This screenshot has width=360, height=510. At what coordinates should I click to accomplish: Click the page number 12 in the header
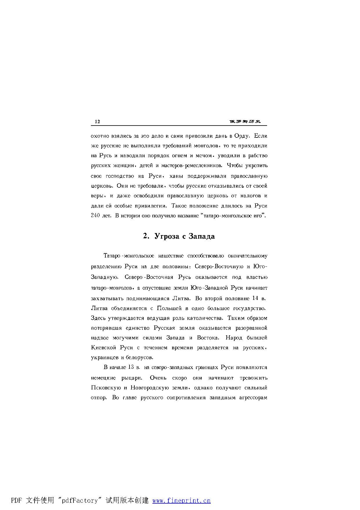click(x=97, y=121)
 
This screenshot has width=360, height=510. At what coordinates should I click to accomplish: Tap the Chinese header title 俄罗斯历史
click(x=245, y=121)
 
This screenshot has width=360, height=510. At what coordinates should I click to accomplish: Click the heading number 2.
click(x=145, y=236)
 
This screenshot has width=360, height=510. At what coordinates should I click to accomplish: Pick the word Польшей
click(x=169, y=308)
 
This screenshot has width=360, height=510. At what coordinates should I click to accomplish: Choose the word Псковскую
click(x=105, y=388)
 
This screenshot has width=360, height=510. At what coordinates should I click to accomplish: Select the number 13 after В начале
click(x=131, y=367)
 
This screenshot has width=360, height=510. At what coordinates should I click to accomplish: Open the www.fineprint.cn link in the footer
click(x=181, y=500)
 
